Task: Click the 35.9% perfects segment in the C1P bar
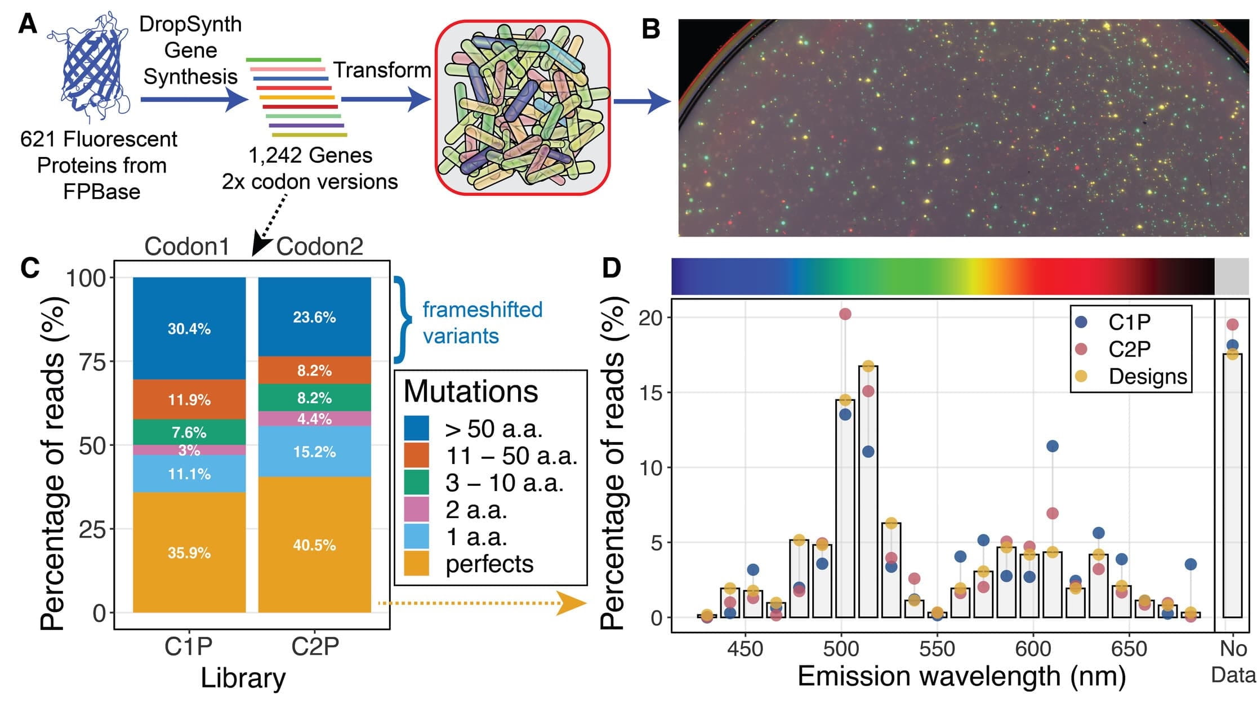point(189,552)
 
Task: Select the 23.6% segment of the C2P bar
point(314,317)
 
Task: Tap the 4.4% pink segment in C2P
point(314,418)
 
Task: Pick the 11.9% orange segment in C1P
point(189,400)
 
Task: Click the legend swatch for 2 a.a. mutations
point(417,510)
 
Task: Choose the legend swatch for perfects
point(417,564)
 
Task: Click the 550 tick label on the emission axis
point(937,649)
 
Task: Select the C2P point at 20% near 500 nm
point(845,314)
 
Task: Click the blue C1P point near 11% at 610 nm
point(1052,446)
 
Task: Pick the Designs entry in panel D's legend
point(1147,376)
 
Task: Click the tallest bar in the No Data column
point(1232,484)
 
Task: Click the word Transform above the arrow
point(382,70)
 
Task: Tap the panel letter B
point(651,28)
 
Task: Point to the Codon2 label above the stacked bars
point(319,246)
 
